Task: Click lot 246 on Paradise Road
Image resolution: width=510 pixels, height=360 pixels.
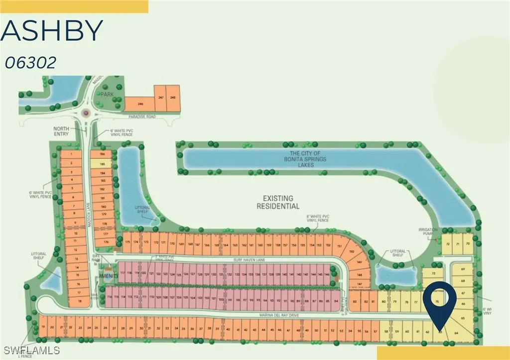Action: (x=140, y=104)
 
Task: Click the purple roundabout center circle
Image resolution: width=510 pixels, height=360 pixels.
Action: (x=87, y=113)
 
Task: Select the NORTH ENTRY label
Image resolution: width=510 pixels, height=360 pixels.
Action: (x=61, y=131)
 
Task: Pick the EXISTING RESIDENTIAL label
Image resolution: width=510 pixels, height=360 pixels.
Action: (x=278, y=202)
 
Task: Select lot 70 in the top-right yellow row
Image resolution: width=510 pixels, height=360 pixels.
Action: (x=467, y=243)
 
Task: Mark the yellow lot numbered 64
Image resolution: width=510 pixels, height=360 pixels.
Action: (x=456, y=333)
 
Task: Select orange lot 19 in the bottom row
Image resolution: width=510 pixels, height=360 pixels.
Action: (x=44, y=327)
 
